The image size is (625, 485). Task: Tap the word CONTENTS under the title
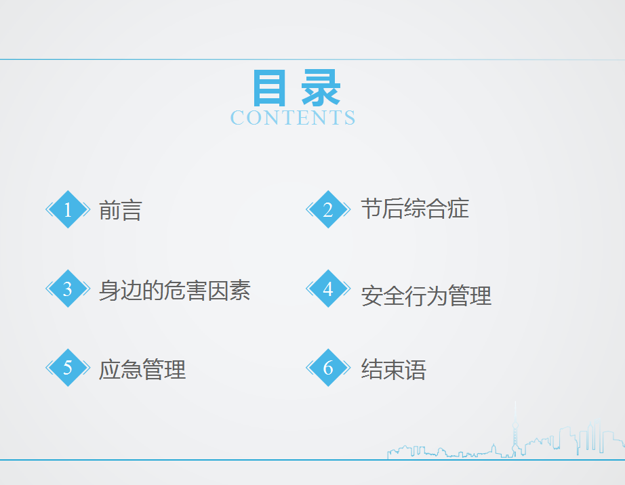[x=293, y=118]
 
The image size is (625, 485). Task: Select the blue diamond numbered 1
[x=68, y=209]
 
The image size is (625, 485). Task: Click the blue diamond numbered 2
[x=328, y=209]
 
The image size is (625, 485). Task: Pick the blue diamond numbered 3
[x=68, y=289]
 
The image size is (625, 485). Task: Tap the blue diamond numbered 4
[x=328, y=289]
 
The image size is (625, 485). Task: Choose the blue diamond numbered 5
[x=68, y=368]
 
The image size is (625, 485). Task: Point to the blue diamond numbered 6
[x=328, y=368]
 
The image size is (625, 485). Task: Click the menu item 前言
[x=121, y=210]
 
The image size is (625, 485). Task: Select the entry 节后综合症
[x=415, y=208]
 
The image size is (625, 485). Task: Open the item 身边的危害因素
[x=175, y=291]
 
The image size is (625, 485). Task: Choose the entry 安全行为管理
[x=426, y=296]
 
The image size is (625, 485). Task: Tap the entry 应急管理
[x=142, y=369]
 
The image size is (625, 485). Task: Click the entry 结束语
[x=394, y=369]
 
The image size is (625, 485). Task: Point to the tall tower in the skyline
[x=515, y=429]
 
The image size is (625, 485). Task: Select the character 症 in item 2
[x=458, y=208]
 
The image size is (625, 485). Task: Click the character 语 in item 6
[x=416, y=369]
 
